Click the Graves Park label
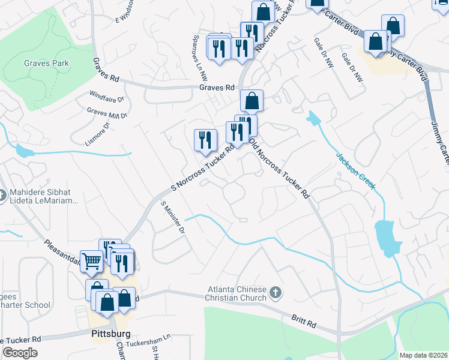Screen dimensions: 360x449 (46, 63)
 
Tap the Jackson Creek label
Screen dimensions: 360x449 (356, 171)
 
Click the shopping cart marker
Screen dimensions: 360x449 (91, 262)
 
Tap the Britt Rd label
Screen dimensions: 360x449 (304, 322)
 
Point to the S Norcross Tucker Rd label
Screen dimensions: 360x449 (202, 169)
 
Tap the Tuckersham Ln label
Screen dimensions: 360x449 (149, 339)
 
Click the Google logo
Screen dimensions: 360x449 (20, 353)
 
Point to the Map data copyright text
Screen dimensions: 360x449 (423, 355)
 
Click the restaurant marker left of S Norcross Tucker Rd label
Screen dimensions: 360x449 (205, 140)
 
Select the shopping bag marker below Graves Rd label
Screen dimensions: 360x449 (252, 101)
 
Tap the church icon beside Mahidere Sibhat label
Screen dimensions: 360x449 (4, 195)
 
